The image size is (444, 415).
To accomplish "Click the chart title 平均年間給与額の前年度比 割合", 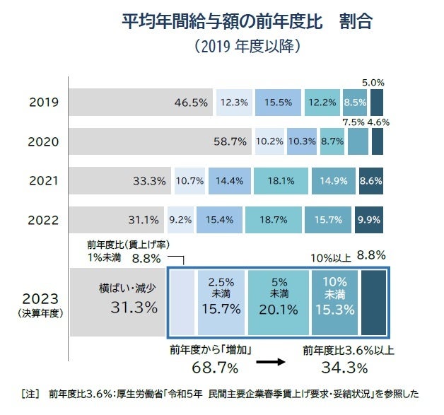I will pos(247,20).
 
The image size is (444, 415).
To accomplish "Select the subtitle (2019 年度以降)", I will pos(247,47).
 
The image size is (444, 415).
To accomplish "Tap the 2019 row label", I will pos(44,103).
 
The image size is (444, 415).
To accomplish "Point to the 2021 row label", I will pos(44,180).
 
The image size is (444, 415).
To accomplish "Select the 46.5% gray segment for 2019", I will pos(141,103).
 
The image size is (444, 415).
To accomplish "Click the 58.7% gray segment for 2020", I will pos(161,141).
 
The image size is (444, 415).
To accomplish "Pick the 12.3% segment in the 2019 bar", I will pos(234,103).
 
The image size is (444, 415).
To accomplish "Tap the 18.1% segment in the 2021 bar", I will pos(281,180).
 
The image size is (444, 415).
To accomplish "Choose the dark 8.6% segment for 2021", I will pos(371,180).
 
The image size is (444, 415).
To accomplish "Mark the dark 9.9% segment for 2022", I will pos(370,219).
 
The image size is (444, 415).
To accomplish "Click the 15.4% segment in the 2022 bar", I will pos(220,219).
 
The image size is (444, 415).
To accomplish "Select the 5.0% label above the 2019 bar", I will pos(373,83).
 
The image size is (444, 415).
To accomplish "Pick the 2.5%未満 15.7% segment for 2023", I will pos(222,300).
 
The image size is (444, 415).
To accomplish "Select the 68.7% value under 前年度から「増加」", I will pos(215,368).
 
